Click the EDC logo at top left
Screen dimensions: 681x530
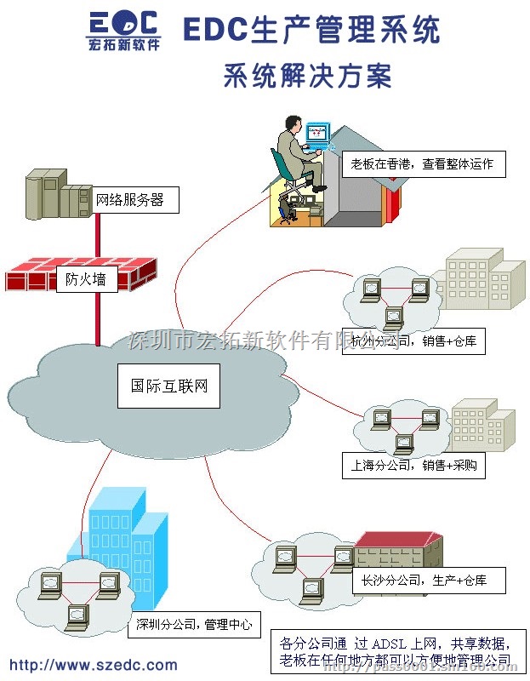(124, 31)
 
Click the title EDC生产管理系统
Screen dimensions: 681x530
(312, 30)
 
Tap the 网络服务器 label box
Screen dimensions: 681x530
(129, 201)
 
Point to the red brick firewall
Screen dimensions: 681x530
(81, 276)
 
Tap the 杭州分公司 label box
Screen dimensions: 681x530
(412, 342)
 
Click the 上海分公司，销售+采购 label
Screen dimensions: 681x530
(413, 466)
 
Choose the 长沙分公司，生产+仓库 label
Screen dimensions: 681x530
(429, 581)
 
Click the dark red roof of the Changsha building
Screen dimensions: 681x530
(400, 541)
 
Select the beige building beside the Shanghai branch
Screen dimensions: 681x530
(482, 426)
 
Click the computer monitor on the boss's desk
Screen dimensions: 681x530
(316, 133)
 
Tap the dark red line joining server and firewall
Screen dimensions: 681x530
(98, 234)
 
